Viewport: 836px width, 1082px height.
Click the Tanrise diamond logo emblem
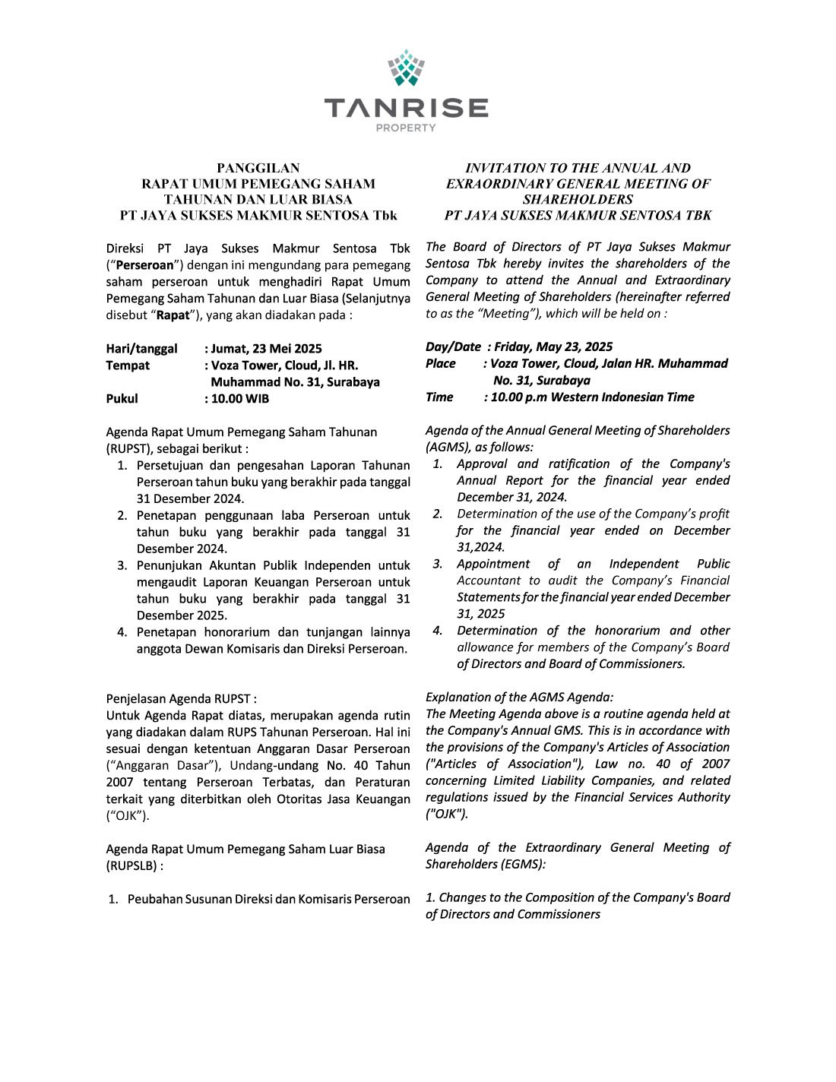[406, 68]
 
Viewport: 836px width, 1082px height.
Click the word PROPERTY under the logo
[406, 128]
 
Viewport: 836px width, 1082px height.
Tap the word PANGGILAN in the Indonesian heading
[258, 168]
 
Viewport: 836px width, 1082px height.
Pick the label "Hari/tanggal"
[141, 349]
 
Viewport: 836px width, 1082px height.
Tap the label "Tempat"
[128, 365]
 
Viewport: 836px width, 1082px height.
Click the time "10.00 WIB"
[239, 399]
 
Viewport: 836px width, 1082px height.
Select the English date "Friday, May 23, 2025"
[553, 346]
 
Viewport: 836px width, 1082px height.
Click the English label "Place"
[441, 363]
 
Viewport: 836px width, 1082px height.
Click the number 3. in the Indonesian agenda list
[122, 565]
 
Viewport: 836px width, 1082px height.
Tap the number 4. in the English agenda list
[438, 630]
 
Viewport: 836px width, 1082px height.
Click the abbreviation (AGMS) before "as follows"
[448, 447]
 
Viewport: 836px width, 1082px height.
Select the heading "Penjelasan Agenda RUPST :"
[181, 698]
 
